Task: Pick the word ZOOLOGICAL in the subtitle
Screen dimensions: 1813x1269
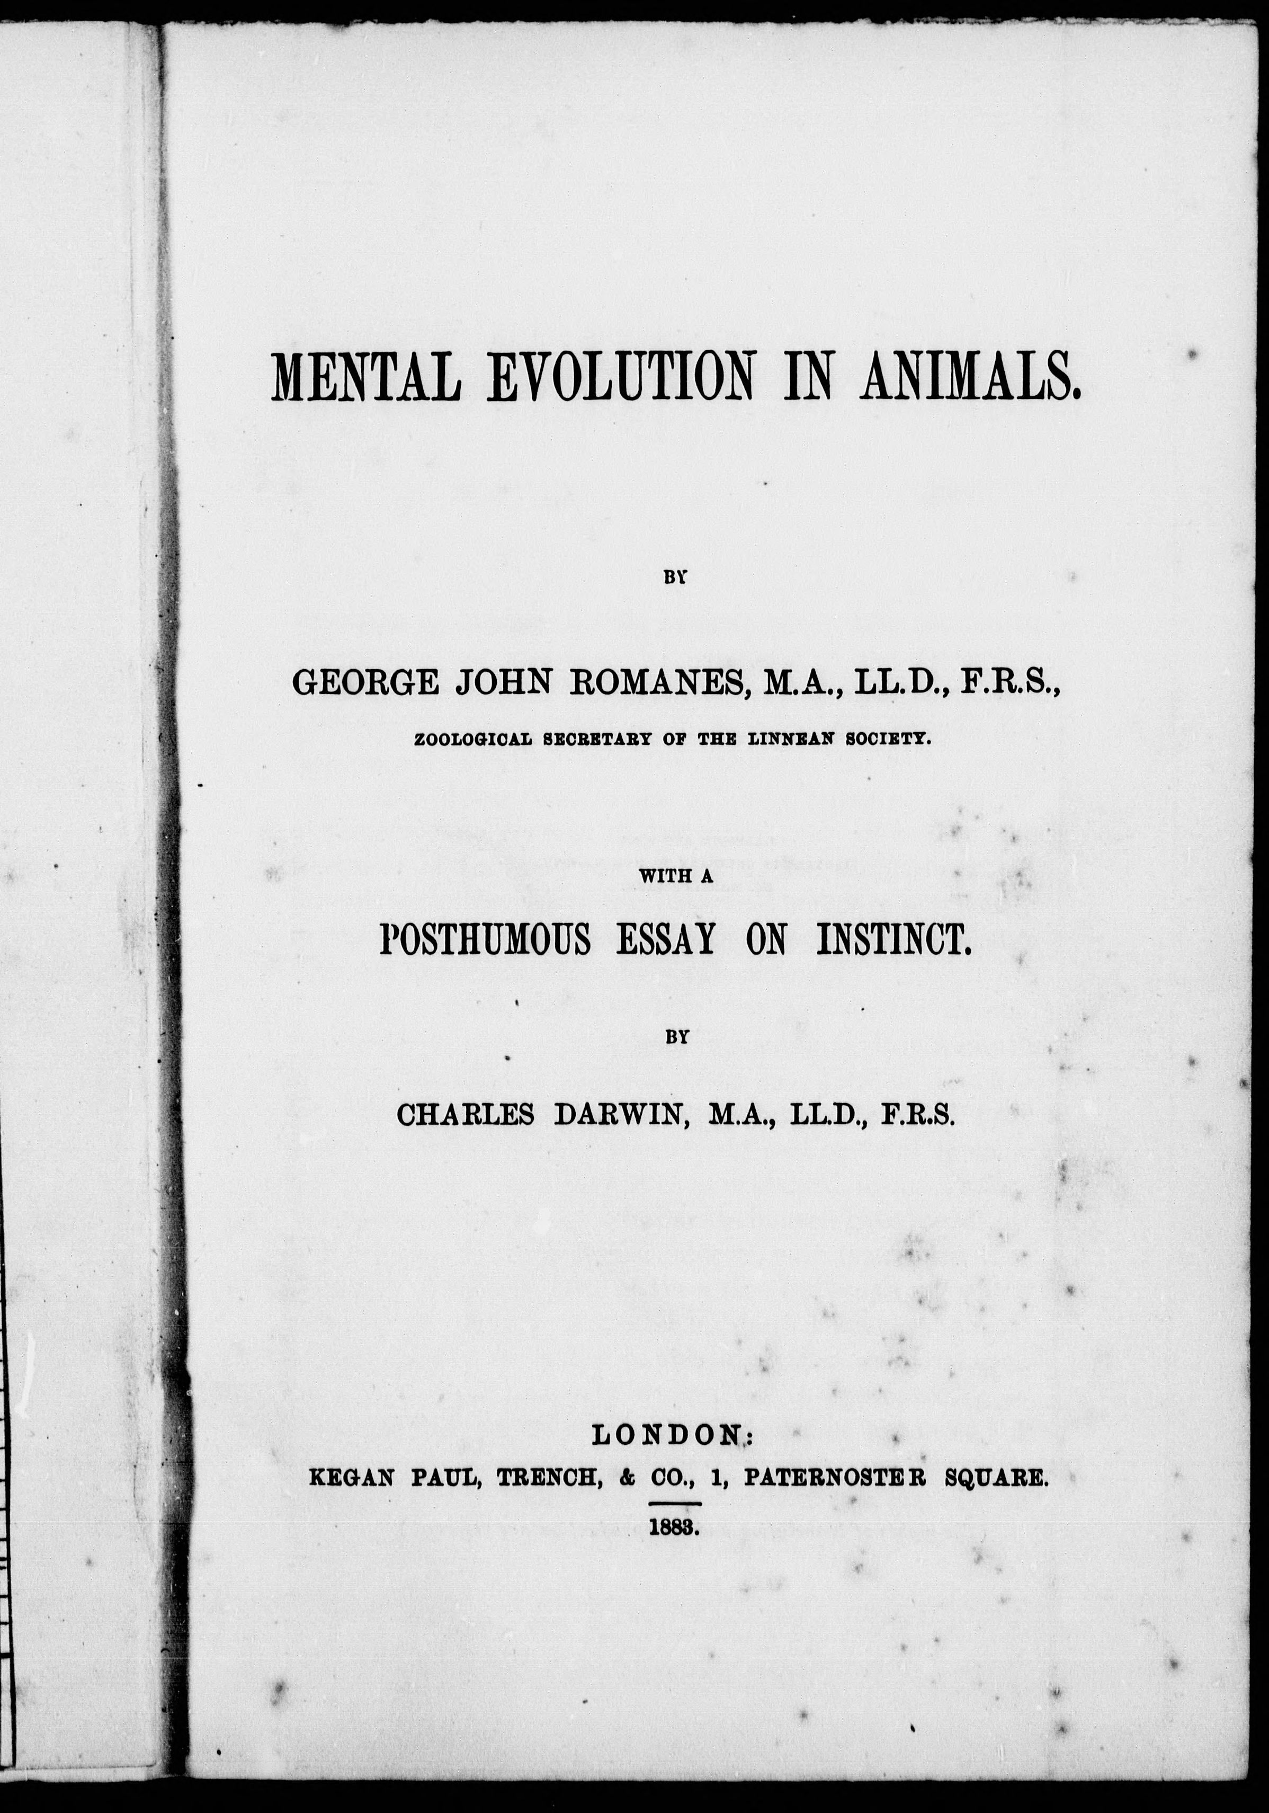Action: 466,740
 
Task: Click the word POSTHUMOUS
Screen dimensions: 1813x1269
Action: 485,940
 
